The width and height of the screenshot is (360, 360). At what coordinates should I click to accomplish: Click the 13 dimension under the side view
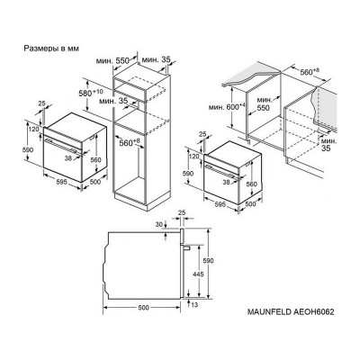click(x=193, y=304)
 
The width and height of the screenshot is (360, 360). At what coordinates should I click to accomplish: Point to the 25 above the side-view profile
click(x=182, y=215)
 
